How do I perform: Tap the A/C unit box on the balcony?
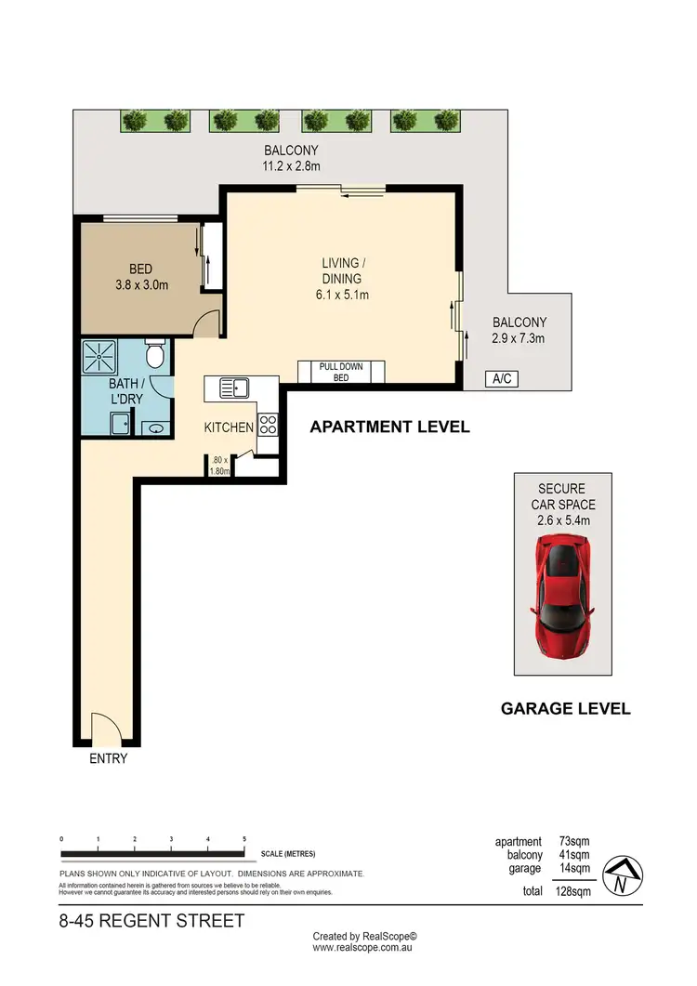[x=502, y=378]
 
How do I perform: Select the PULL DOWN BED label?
[x=341, y=372]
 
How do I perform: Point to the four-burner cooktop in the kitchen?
[x=268, y=425]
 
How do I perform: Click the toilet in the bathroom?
[x=155, y=354]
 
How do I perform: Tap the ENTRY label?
[x=108, y=758]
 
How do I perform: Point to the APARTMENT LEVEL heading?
[x=388, y=427]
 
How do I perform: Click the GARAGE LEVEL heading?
[x=565, y=708]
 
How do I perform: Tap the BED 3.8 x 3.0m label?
[x=142, y=279]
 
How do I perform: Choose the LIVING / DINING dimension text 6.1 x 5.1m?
[x=341, y=296]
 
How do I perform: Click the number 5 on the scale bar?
[x=244, y=839]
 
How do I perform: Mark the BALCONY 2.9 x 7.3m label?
[x=518, y=331]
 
